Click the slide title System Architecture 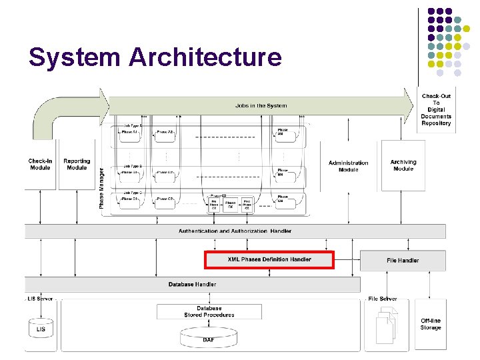click(155, 58)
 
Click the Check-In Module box click(40, 164)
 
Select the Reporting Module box click(77, 164)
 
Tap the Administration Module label click(348, 166)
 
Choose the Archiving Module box click(403, 165)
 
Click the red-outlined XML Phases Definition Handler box click(269, 259)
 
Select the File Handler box click(403, 260)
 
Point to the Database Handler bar click(192, 284)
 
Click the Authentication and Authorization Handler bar click(235, 231)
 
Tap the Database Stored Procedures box click(209, 312)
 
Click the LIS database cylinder click(41, 329)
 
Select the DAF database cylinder click(209, 339)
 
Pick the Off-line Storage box click(431, 324)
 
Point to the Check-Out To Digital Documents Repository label click(436, 109)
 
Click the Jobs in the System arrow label click(261, 105)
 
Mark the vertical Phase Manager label click(102, 187)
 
